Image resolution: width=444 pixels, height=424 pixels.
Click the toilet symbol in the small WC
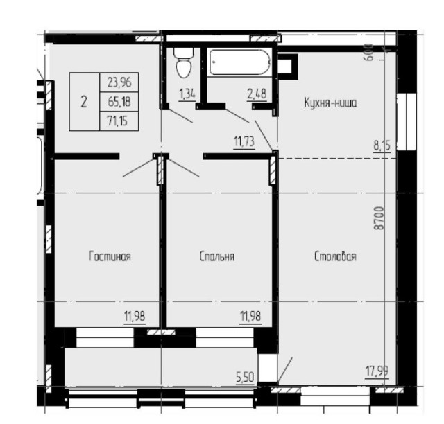pos(183,65)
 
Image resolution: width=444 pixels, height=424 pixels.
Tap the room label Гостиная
pos(110,256)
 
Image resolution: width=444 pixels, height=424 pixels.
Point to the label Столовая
pos(335,256)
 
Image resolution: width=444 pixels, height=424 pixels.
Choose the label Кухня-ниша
pos(330,103)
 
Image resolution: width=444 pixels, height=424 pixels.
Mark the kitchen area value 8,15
pos(382,146)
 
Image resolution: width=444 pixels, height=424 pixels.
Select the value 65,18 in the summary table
pos(118,102)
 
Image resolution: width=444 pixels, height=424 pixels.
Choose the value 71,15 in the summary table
pos(118,122)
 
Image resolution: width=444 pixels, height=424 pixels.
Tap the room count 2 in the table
pos(84,102)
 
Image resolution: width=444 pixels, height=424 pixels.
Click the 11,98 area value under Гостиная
pos(135,317)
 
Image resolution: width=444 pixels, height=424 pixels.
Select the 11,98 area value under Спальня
pos(250,317)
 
